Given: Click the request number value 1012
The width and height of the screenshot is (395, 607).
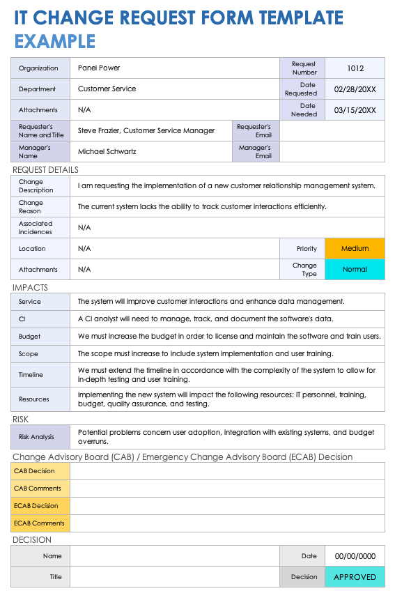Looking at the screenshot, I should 355,68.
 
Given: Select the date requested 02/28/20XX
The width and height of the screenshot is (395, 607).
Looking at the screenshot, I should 355,89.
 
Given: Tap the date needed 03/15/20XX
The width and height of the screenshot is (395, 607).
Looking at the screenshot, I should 355,110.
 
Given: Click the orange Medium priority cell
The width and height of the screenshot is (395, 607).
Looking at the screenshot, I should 355,249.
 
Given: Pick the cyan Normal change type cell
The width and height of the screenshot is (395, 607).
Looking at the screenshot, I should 355,270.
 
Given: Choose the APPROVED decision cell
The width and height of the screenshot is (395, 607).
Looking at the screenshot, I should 355,577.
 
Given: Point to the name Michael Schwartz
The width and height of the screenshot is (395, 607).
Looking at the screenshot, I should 107,151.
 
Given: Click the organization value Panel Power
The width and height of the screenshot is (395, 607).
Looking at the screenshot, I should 99,68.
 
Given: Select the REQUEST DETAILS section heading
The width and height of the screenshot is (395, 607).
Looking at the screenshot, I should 45,169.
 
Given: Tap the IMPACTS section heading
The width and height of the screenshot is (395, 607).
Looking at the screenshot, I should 30,287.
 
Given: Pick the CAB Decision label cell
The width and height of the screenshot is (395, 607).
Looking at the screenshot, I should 34,471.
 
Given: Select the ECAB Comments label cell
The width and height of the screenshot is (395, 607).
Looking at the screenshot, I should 39,523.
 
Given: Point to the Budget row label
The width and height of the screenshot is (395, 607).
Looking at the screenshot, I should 30,337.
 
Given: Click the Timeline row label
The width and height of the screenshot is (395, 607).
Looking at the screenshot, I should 31,375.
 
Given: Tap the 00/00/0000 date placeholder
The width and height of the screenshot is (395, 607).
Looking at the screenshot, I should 355,556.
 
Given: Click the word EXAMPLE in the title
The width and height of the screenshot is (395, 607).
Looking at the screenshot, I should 55,41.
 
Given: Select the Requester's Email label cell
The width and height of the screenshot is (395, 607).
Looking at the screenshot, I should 254,131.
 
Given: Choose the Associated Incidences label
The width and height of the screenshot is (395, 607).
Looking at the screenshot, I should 36,227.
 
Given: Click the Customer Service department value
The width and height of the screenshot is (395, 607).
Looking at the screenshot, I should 107,89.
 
